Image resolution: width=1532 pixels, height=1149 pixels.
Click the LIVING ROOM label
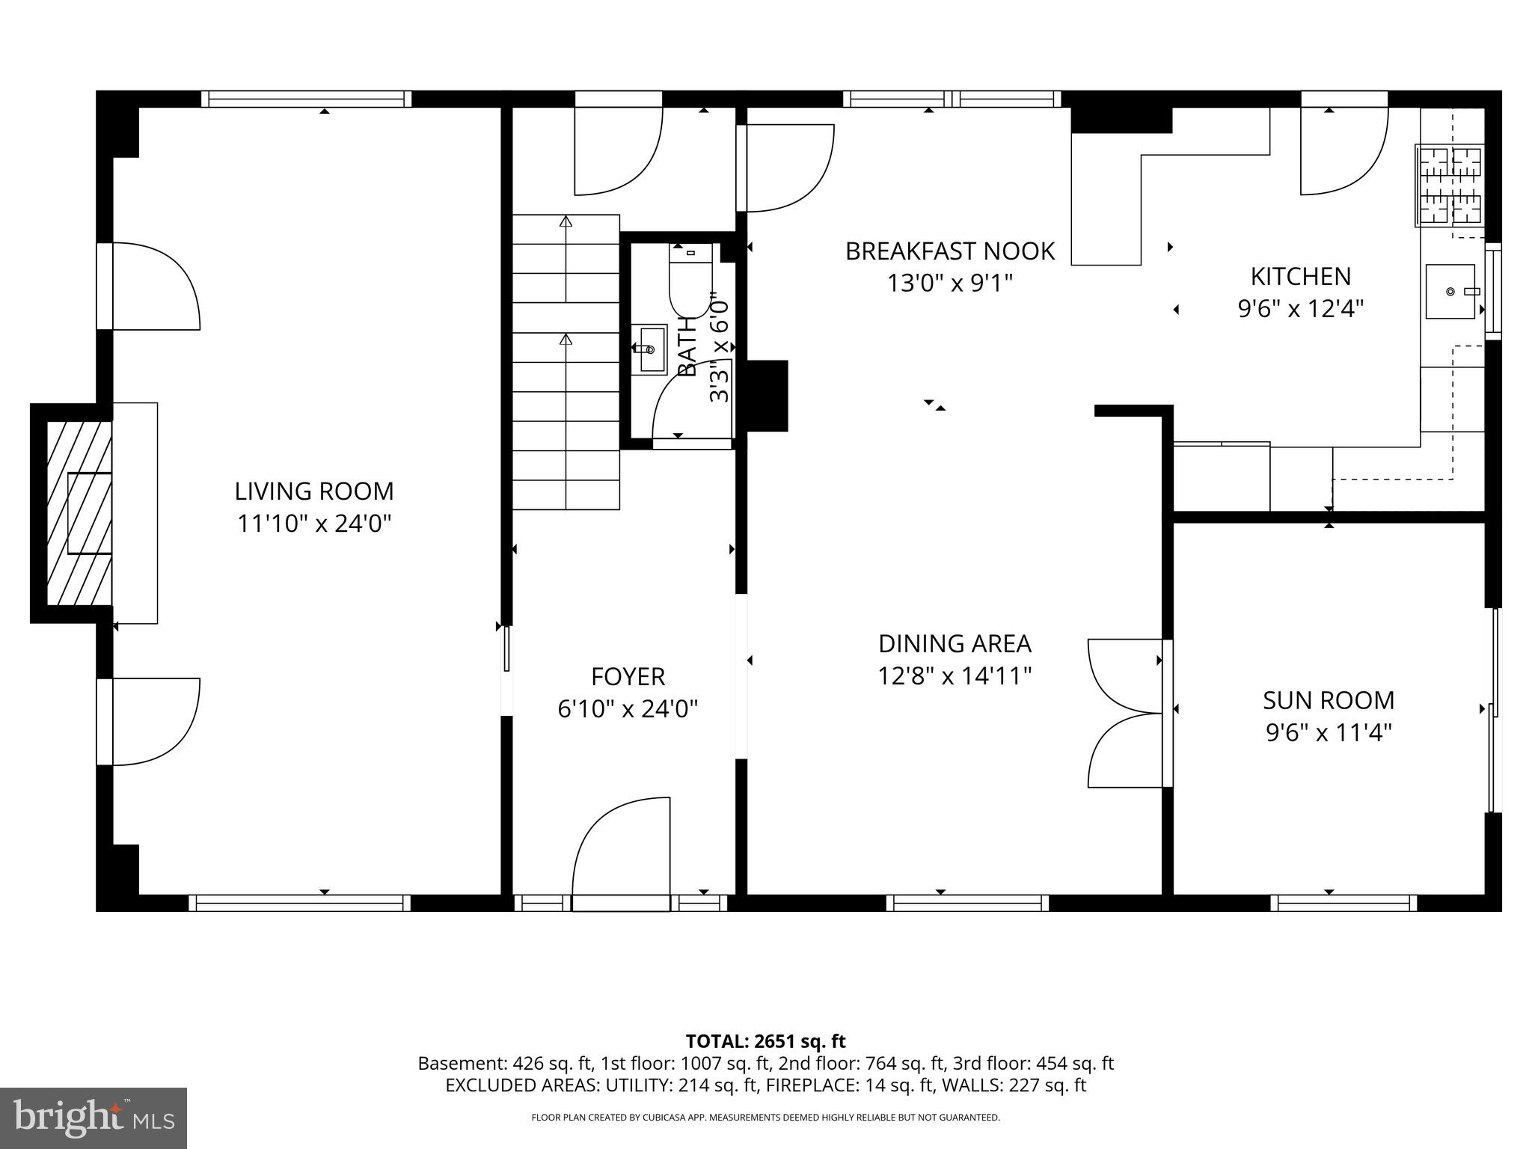click(314, 491)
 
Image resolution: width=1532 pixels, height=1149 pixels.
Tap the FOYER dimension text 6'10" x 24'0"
click(628, 708)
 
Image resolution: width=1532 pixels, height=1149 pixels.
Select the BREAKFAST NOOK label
click(949, 251)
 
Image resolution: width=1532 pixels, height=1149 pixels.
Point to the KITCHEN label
click(1301, 277)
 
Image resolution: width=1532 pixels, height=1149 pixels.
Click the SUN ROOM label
click(1329, 700)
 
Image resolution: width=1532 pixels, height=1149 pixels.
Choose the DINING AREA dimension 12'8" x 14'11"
click(955, 676)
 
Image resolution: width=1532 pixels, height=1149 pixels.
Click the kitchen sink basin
click(1450, 291)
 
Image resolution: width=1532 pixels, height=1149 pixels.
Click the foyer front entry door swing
click(621, 853)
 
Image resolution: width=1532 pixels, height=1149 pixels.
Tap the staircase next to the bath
click(566, 362)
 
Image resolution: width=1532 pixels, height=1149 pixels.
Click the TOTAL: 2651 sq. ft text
click(765, 1041)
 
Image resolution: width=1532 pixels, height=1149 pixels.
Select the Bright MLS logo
click(93, 1118)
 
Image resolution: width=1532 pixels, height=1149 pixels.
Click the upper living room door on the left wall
click(150, 286)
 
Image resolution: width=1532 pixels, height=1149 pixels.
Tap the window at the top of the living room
click(306, 99)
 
